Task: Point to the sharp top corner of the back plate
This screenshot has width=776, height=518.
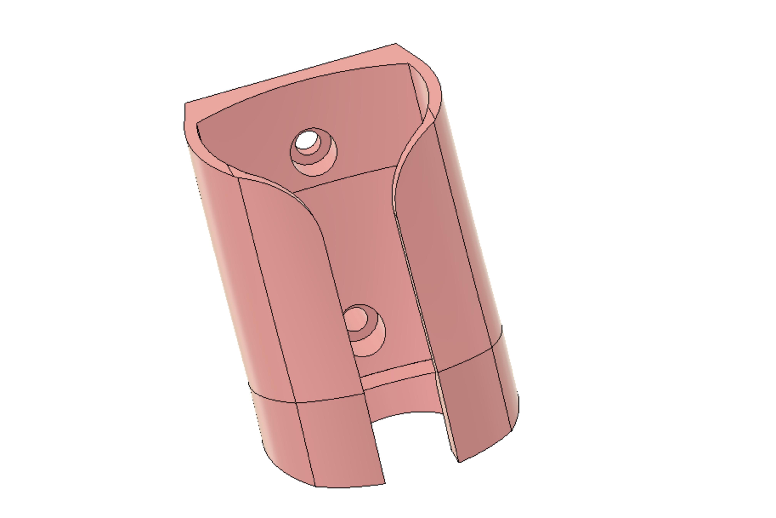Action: [x=396, y=44]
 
